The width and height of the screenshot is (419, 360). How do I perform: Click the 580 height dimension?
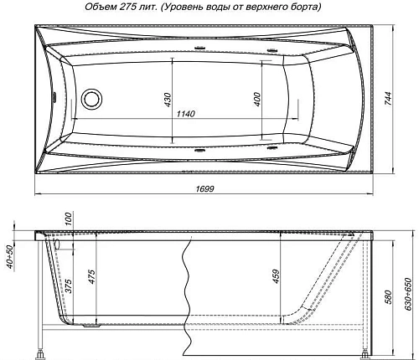[388, 296]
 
